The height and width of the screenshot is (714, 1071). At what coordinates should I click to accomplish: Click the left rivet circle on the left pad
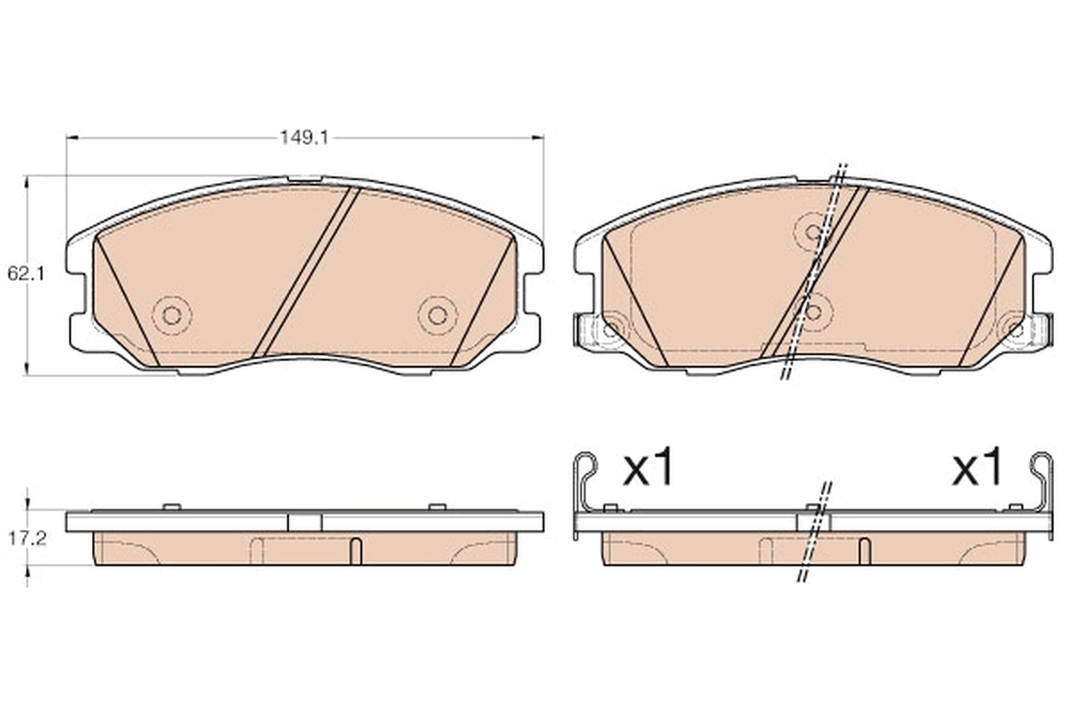click(171, 314)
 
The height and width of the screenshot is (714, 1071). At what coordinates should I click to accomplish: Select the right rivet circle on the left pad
click(437, 314)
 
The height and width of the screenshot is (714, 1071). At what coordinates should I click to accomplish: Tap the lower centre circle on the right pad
click(813, 312)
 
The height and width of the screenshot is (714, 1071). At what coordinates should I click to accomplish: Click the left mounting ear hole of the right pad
click(610, 329)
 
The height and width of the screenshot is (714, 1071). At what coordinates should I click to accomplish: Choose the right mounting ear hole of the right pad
click(1015, 329)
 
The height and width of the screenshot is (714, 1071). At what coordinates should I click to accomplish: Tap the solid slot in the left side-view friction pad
click(355, 552)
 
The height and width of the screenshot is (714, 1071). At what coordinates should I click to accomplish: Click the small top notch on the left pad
click(305, 181)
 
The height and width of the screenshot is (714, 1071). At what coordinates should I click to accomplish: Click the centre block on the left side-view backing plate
click(304, 522)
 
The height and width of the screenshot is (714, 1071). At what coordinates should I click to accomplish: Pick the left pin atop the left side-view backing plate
click(171, 507)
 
